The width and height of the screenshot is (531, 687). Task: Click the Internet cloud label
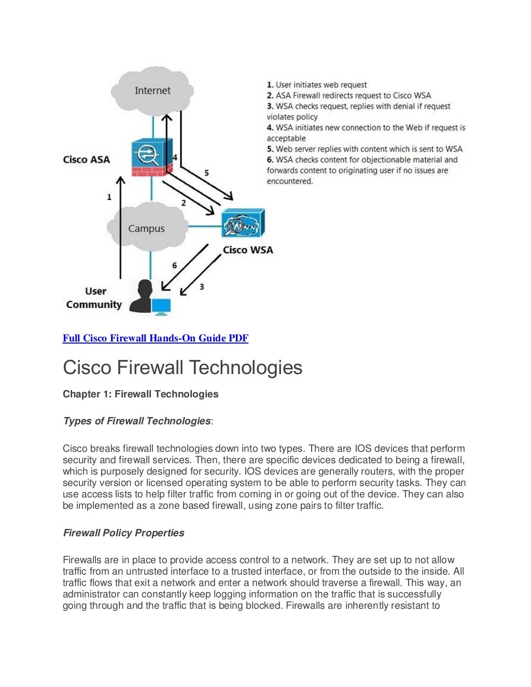coord(152,91)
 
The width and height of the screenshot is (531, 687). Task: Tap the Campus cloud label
coord(146,228)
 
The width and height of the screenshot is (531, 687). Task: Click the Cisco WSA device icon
coord(243,223)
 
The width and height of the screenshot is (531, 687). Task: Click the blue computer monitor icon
coord(161,306)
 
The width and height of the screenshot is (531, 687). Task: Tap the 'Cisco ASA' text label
coord(86,160)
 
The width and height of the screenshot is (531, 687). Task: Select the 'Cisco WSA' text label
coord(247,250)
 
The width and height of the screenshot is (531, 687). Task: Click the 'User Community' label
coord(94,298)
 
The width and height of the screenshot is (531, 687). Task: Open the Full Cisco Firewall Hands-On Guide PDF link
coord(155,338)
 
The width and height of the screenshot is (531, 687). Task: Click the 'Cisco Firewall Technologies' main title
coord(183,367)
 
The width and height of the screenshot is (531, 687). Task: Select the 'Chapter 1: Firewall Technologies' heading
coord(141,394)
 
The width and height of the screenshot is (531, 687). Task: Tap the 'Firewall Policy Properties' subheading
coord(123,533)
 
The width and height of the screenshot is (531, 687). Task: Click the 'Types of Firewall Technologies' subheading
coord(137,421)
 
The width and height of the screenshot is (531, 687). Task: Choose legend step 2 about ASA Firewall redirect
coord(348,95)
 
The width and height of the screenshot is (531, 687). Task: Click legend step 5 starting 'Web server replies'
coord(365,149)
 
